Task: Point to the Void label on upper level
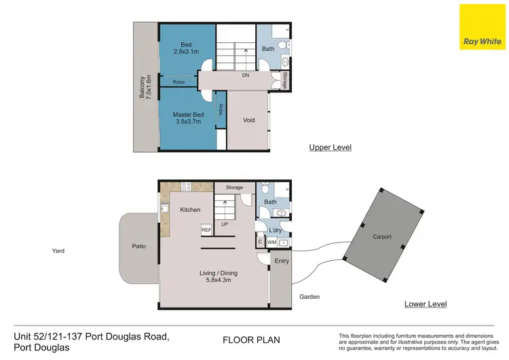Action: click(249, 120)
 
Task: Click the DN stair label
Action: click(246, 75)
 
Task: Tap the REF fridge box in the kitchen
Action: click(206, 231)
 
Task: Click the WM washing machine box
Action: click(272, 242)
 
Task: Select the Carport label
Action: click(382, 237)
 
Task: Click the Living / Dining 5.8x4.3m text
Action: click(218, 276)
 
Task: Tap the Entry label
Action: click(281, 261)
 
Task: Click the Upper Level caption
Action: click(330, 147)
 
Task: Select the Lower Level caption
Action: click(425, 304)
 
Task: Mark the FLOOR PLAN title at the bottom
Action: click(251, 340)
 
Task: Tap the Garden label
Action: click(309, 297)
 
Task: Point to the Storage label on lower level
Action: click(234, 187)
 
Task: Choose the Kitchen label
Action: click(190, 210)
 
